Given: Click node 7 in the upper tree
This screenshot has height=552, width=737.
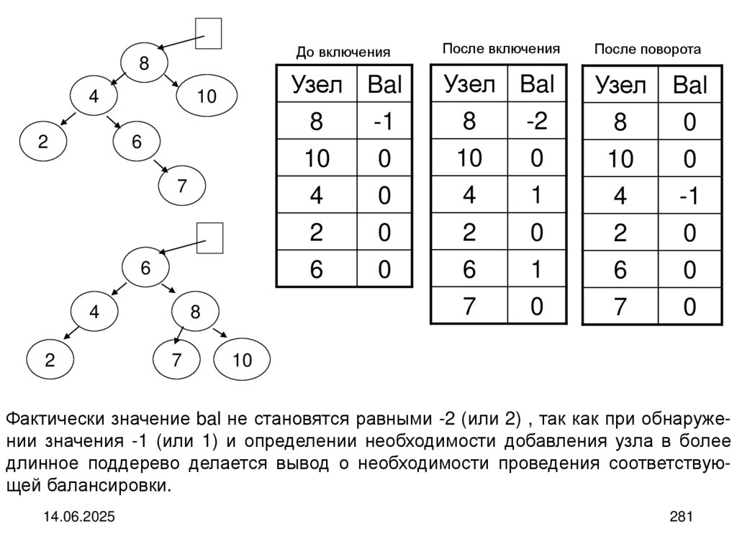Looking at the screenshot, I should tap(182, 186).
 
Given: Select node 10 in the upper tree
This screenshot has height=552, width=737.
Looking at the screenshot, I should tap(207, 96).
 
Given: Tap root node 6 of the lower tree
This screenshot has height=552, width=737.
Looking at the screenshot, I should tap(145, 268).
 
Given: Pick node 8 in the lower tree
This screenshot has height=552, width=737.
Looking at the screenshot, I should tap(195, 312).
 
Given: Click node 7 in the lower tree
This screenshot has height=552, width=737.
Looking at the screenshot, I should tap(176, 359).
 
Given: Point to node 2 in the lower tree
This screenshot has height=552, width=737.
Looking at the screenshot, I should tap(50, 360).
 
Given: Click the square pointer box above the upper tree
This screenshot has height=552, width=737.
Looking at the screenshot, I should tap(208, 33).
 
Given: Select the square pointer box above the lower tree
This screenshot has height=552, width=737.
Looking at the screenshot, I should tap(209, 238).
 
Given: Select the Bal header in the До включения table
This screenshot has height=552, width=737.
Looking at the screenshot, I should tap(384, 84).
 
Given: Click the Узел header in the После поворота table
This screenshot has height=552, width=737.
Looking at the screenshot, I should tap(620, 85).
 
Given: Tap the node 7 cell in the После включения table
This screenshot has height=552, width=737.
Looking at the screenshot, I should tap(469, 306).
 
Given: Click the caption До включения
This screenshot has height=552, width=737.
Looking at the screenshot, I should tap(343, 53).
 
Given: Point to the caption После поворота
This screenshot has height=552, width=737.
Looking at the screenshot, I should tap(647, 50).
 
